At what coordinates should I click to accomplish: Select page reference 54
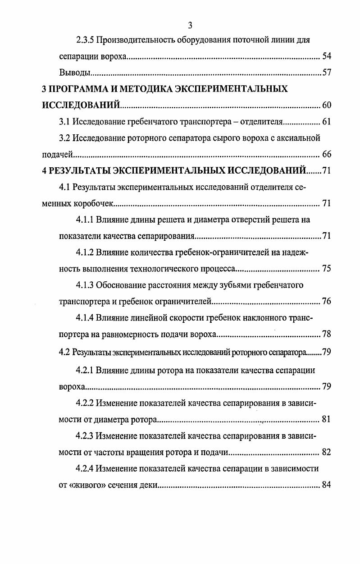pyautogui.click(x=327, y=57)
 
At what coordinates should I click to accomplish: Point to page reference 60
pyautogui.click(x=327, y=105)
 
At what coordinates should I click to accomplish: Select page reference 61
pyautogui.click(x=327, y=121)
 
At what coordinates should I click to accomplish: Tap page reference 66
pyautogui.click(x=327, y=154)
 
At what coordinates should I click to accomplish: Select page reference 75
pyautogui.click(x=327, y=269)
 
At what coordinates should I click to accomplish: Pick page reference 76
pyautogui.click(x=327, y=301)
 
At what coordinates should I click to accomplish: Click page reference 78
pyautogui.click(x=327, y=334)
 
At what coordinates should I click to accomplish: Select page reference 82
pyautogui.click(x=327, y=452)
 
